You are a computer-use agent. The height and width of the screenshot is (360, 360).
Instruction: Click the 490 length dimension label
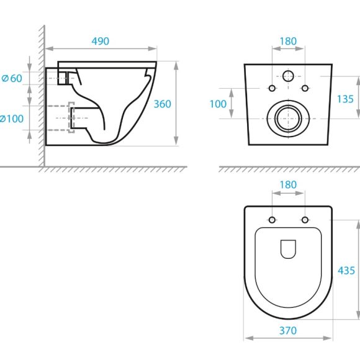pyautogui.click(x=101, y=41)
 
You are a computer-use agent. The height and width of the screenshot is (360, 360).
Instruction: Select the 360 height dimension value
pyautogui.click(x=163, y=104)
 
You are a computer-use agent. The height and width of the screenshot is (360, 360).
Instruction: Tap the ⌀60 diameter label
pyautogui.click(x=12, y=78)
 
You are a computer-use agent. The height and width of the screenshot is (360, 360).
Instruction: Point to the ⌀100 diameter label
pyautogui.click(x=11, y=119)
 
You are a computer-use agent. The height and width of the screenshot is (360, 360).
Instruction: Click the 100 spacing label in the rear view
pyautogui.click(x=218, y=104)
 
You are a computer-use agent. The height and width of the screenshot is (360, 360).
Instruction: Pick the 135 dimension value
pyautogui.click(x=345, y=99)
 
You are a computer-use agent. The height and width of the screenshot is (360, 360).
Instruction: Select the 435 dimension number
pyautogui.click(x=346, y=271)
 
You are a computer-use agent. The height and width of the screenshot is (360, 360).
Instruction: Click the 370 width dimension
pyautogui.click(x=288, y=331)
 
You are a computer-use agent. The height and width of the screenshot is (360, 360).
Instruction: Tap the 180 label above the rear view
pyautogui.click(x=288, y=42)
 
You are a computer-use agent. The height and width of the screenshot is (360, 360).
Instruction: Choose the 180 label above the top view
pyautogui.click(x=288, y=184)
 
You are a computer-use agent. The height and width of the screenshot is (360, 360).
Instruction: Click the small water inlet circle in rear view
pyautogui.click(x=288, y=76)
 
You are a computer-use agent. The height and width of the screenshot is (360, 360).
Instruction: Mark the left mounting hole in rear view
pyautogui.click(x=272, y=88)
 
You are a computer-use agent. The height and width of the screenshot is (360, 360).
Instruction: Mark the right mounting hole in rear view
pyautogui.click(x=305, y=88)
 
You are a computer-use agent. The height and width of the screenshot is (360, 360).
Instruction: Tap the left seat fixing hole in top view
pyautogui.click(x=272, y=220)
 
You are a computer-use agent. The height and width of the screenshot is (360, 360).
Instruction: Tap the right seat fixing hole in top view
pyautogui.click(x=305, y=220)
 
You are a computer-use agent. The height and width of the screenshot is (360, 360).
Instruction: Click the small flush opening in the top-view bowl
pyautogui.click(x=288, y=249)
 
